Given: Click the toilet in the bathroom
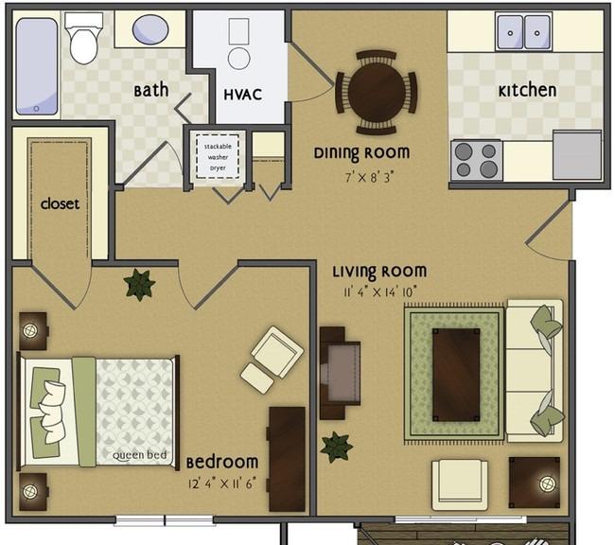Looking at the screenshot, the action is point(83,38).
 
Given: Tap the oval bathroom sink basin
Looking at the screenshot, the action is point(150,29).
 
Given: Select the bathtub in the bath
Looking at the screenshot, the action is point(37,66).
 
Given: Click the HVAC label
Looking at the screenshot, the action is point(243,95).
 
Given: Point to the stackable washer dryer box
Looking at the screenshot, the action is point(218,157).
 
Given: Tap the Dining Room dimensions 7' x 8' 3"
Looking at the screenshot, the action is point(369,177).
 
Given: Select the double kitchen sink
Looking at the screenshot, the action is point(523,32).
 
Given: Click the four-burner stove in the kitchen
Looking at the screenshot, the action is point(477,160).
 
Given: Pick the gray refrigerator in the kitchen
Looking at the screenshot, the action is point(577,155).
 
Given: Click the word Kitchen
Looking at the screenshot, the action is point(527,91).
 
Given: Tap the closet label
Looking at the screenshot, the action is point(60,203).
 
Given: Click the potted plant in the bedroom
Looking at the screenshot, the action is point(139,285).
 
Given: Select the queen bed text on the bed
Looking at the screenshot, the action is point(140,455).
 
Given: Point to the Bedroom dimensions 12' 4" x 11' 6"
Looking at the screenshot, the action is point(222,483).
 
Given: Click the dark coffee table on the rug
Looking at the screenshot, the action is point(456,375).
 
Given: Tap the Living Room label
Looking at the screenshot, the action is point(379,272).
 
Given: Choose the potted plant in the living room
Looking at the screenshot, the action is point(336,447).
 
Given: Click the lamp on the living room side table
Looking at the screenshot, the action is point(547,483).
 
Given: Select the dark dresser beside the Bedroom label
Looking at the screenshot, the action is point(287,459).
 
